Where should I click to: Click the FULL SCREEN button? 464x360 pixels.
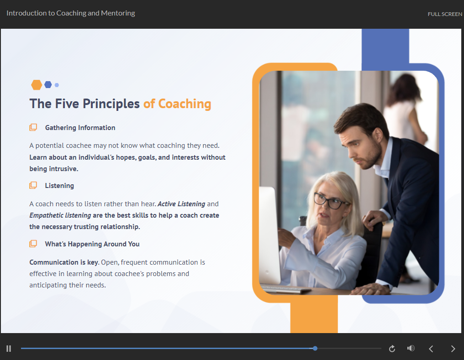click(444, 14)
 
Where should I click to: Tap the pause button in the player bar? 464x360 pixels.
click(9, 349)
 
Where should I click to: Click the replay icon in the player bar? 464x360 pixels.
click(392, 349)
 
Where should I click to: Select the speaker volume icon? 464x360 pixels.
click(411, 349)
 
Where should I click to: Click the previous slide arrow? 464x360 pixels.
click(431, 349)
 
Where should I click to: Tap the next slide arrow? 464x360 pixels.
click(453, 349)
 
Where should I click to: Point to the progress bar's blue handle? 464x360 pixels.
click(315, 348)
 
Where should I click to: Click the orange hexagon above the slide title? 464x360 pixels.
click(37, 85)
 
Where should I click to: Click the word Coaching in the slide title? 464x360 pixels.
click(185, 104)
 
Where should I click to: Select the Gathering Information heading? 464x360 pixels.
click(80, 128)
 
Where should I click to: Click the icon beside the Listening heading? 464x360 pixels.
click(33, 186)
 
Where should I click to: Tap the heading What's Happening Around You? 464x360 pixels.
click(92, 244)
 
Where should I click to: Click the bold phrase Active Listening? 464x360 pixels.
click(181, 204)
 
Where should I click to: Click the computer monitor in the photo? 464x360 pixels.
click(269, 233)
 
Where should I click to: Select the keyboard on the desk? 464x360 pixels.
click(285, 289)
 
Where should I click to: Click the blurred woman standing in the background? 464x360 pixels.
click(405, 110)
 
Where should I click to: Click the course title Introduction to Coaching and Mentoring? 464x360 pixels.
click(71, 13)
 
